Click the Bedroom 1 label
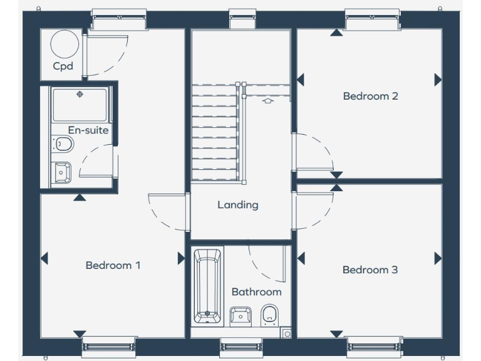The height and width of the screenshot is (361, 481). (113, 265)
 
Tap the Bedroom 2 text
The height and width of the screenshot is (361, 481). (370, 96)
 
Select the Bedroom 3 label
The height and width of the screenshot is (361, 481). (370, 269)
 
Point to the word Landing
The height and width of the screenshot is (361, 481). (238, 204)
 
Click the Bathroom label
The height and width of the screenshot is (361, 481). (256, 291)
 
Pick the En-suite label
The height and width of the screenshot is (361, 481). (88, 130)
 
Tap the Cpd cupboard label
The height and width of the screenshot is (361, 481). (63, 66)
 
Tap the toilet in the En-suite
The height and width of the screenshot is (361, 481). (63, 145)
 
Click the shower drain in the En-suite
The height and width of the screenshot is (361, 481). (80, 95)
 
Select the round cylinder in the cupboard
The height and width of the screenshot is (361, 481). (65, 44)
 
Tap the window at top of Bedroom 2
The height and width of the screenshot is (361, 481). (372, 19)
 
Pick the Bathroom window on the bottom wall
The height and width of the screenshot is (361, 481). (241, 346)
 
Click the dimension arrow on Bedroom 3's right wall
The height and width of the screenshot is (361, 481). (438, 258)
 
